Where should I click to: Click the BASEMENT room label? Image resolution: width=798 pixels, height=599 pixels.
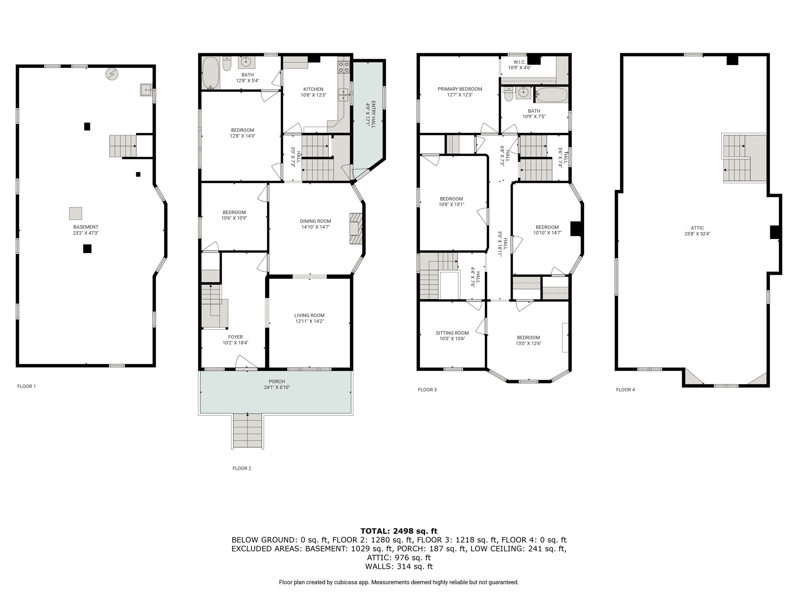(x=86, y=227)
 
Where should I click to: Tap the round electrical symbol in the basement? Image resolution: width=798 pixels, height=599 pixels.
(x=112, y=74)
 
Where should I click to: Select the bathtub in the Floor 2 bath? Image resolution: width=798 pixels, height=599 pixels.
(x=210, y=73)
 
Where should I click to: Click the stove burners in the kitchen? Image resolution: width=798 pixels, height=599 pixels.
(x=343, y=67)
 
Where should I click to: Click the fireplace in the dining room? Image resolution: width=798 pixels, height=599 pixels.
(x=355, y=229)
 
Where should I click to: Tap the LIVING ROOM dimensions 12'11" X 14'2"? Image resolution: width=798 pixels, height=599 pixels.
(x=309, y=321)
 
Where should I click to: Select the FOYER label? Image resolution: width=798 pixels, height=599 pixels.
(x=235, y=337)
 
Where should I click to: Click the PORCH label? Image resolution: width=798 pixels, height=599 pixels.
(x=277, y=381)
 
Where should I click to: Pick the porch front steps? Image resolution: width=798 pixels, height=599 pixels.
(x=247, y=431)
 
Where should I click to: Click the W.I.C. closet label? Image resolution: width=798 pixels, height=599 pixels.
(x=519, y=62)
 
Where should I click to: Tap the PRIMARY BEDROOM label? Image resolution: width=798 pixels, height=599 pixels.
(x=459, y=89)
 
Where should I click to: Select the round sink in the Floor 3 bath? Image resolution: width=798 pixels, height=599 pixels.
(x=523, y=92)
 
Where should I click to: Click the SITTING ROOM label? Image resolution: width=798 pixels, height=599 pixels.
(x=452, y=333)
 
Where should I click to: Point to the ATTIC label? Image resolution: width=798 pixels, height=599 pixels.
(x=697, y=228)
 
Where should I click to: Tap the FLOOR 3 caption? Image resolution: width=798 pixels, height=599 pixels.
(x=427, y=390)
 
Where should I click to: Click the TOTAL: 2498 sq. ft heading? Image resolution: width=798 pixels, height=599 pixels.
(x=399, y=531)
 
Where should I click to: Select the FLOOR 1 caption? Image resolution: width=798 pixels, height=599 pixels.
(x=26, y=386)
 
